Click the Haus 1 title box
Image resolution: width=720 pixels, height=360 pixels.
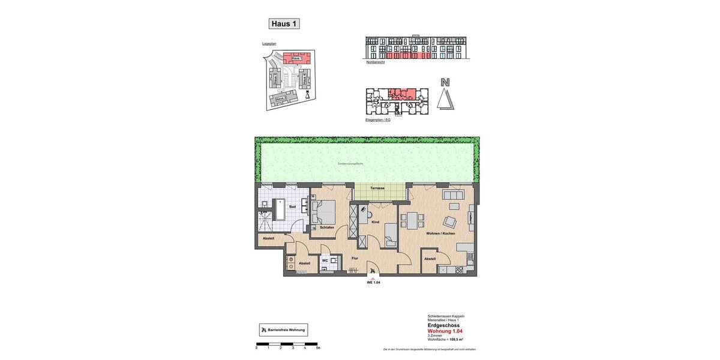pos(284,24)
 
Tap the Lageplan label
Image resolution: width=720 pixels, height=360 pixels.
pos(269,44)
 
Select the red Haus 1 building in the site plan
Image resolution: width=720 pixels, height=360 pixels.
pos(296,58)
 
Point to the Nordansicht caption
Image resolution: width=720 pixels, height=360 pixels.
pos(376,62)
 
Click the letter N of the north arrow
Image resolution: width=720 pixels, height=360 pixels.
pos(445,82)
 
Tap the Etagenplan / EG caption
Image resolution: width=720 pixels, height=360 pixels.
pos(378,120)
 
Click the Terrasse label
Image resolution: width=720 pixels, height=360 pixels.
pos(377,188)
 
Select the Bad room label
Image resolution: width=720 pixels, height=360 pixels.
pos(292,207)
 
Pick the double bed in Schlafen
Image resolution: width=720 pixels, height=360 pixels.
pos(325,212)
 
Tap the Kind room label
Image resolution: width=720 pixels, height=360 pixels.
pos(376,222)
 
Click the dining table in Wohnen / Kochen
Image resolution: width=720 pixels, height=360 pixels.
pos(412,221)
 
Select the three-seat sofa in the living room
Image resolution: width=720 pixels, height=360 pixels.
pos(453,195)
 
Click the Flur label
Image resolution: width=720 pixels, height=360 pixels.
pos(355,259)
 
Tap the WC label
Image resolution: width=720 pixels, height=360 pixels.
pos(325,260)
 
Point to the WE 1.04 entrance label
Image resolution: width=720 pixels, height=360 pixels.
pos(373,283)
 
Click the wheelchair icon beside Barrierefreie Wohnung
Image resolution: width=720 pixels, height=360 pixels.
pos(264,330)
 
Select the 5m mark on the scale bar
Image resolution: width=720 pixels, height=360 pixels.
pos(318,348)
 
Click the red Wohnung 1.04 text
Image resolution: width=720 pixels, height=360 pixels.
pos(445,331)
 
